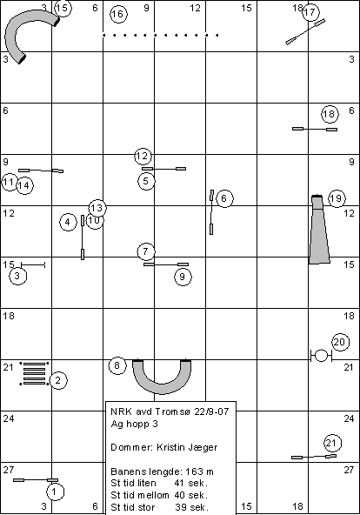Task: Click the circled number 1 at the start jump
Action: (x=55, y=492)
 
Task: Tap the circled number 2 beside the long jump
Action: (x=58, y=380)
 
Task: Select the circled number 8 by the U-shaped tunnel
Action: (x=117, y=365)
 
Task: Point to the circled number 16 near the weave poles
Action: (x=118, y=14)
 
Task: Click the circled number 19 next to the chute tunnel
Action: (x=337, y=198)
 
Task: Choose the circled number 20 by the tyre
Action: (x=340, y=342)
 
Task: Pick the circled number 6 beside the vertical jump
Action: (x=224, y=198)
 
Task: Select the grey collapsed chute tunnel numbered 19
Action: (x=318, y=230)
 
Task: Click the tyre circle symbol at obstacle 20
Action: (x=321, y=356)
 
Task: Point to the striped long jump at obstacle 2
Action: (x=34, y=373)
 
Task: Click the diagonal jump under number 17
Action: (x=305, y=31)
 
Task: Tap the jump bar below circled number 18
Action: (x=315, y=129)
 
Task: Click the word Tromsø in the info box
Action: (x=173, y=411)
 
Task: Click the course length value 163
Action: (x=194, y=472)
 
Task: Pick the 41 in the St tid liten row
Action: (x=180, y=483)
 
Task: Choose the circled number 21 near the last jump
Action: (x=333, y=443)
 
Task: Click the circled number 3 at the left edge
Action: (x=17, y=276)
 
